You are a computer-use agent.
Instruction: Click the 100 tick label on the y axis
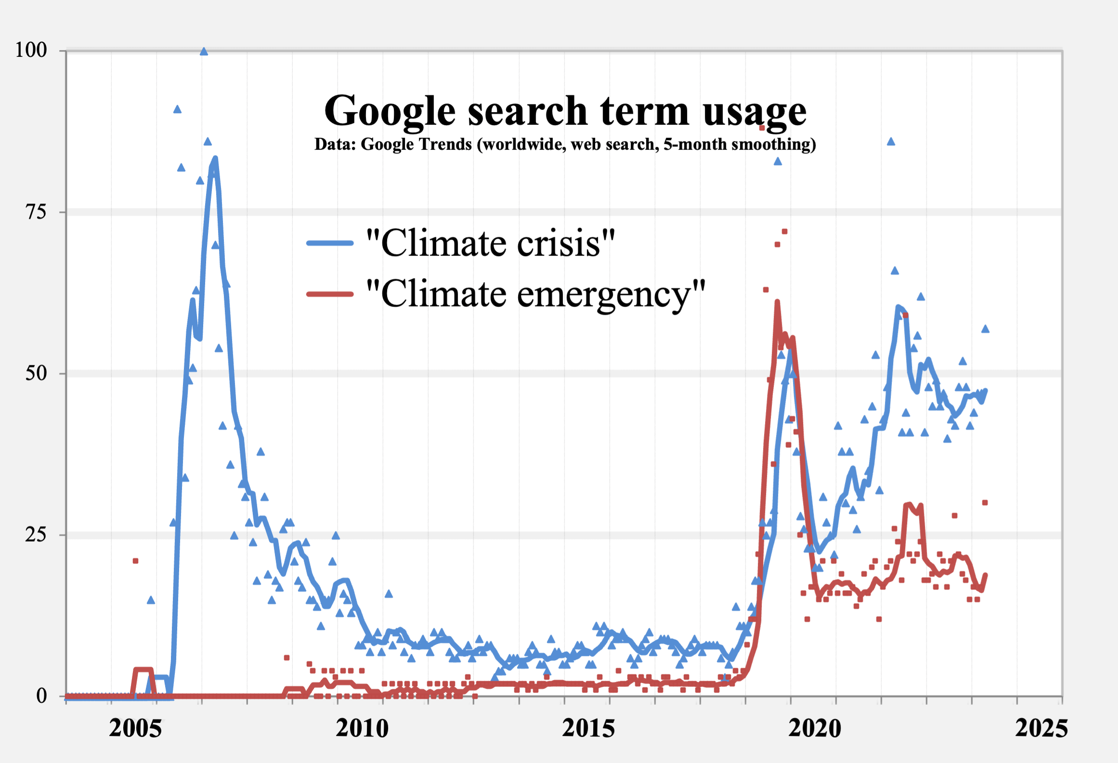31,50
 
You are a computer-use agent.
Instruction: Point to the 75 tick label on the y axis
36,212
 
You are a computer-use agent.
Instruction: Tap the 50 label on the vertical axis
36,373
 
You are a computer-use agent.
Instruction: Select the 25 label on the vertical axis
36,534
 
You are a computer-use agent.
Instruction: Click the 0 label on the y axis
41,696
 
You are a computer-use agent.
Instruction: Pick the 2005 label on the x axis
135,728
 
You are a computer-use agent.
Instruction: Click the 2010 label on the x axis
362,728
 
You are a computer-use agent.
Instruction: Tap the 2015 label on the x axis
588,728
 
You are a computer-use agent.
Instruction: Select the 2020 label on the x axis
815,728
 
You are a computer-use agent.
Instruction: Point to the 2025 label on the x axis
1041,728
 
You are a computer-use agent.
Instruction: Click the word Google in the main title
390,112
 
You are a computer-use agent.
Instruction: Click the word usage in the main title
754,112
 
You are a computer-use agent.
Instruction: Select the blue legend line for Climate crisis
330,243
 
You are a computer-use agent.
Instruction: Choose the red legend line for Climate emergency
330,294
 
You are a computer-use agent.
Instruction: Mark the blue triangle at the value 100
204,52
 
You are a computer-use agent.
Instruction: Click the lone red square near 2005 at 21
135,561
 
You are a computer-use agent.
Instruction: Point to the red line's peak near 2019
777,302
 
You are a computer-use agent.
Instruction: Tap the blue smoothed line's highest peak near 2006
215,158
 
